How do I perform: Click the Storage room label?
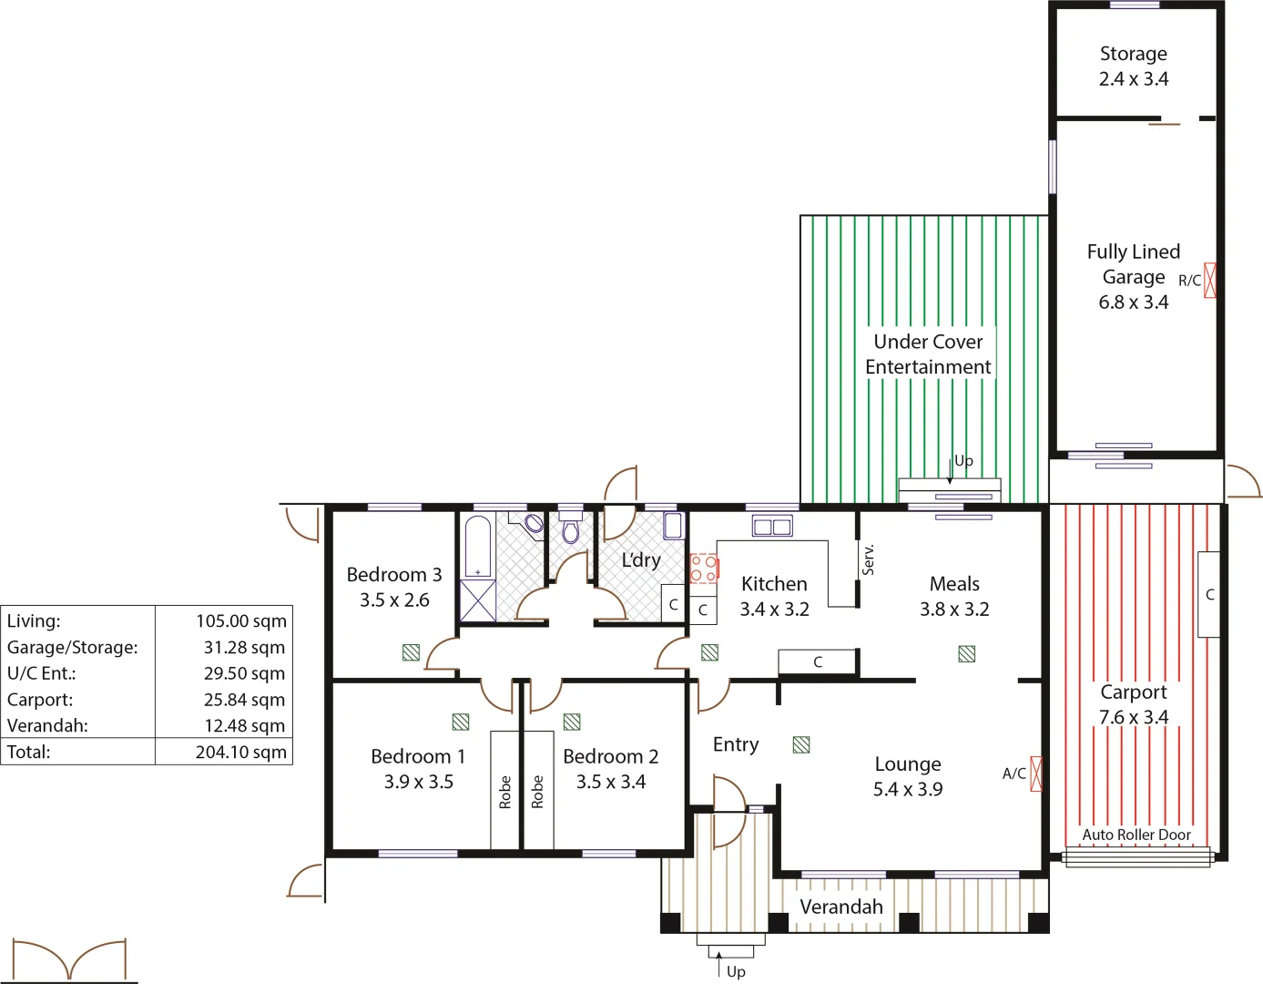coord(1133,54)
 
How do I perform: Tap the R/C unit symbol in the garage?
coord(1210,280)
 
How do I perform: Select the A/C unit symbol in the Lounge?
coord(1035,774)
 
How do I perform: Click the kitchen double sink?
coord(772,526)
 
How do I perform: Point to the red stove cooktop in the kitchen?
coord(703,569)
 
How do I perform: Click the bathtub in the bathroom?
coord(478,547)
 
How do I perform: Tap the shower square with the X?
coord(478,600)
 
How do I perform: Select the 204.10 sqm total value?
coord(240,752)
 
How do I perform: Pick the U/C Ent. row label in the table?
coord(42,673)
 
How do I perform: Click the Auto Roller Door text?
coord(1136,835)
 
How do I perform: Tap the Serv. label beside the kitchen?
coord(868,559)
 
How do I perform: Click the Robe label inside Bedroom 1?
coord(505,792)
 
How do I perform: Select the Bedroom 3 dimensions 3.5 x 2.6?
coord(394,600)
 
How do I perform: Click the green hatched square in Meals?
coord(967,653)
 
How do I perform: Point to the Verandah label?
coord(841,907)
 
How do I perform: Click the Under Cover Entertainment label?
coord(928,354)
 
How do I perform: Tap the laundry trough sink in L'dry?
coord(673,526)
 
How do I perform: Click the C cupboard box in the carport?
coord(1209,594)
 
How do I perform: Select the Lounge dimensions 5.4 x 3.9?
coord(908,789)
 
